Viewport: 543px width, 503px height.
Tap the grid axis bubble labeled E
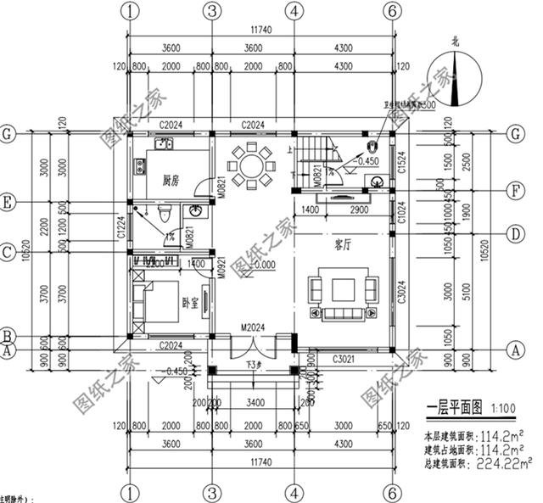(8, 204)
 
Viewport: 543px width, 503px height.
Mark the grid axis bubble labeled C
(8, 252)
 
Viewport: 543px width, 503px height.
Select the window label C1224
(122, 226)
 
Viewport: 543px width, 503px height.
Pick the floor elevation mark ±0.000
(265, 265)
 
